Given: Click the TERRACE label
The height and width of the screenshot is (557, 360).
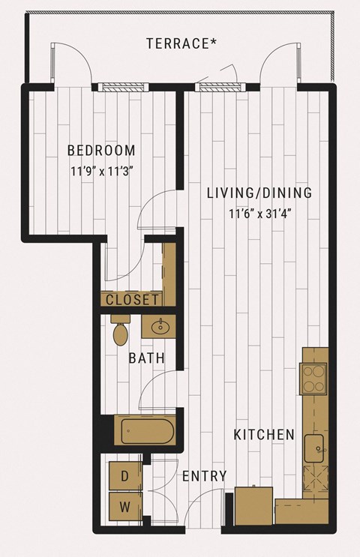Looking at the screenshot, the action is coord(181,43).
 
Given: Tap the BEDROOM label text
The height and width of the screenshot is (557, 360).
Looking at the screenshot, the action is coord(101,150).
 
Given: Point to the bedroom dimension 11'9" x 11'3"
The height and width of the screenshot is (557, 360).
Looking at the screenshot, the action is coord(102,172).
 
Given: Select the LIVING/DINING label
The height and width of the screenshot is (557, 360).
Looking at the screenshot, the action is coord(259,193).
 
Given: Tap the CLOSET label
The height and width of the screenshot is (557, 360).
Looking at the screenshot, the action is coord(132,300).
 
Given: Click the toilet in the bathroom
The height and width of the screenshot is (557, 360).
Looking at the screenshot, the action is coord(121,330).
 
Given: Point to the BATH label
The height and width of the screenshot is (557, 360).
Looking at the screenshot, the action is coord(146,358).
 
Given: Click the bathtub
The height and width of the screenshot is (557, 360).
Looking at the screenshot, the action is coord(147,431).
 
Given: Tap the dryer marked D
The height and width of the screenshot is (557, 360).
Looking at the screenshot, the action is coord(125,475).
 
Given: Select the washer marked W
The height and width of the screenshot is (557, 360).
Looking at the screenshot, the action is coord(125,507).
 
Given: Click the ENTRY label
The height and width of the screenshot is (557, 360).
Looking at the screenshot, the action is coord(204,476).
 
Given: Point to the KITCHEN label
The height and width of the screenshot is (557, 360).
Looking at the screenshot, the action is coord(264,435).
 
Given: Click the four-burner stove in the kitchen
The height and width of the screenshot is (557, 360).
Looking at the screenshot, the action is coord(313,379).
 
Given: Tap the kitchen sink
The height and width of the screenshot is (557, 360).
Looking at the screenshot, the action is coord(315,448).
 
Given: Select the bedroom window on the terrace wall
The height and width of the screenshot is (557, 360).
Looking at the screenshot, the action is coord(121,88).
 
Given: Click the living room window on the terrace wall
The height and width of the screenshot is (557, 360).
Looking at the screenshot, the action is coord(223,88).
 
